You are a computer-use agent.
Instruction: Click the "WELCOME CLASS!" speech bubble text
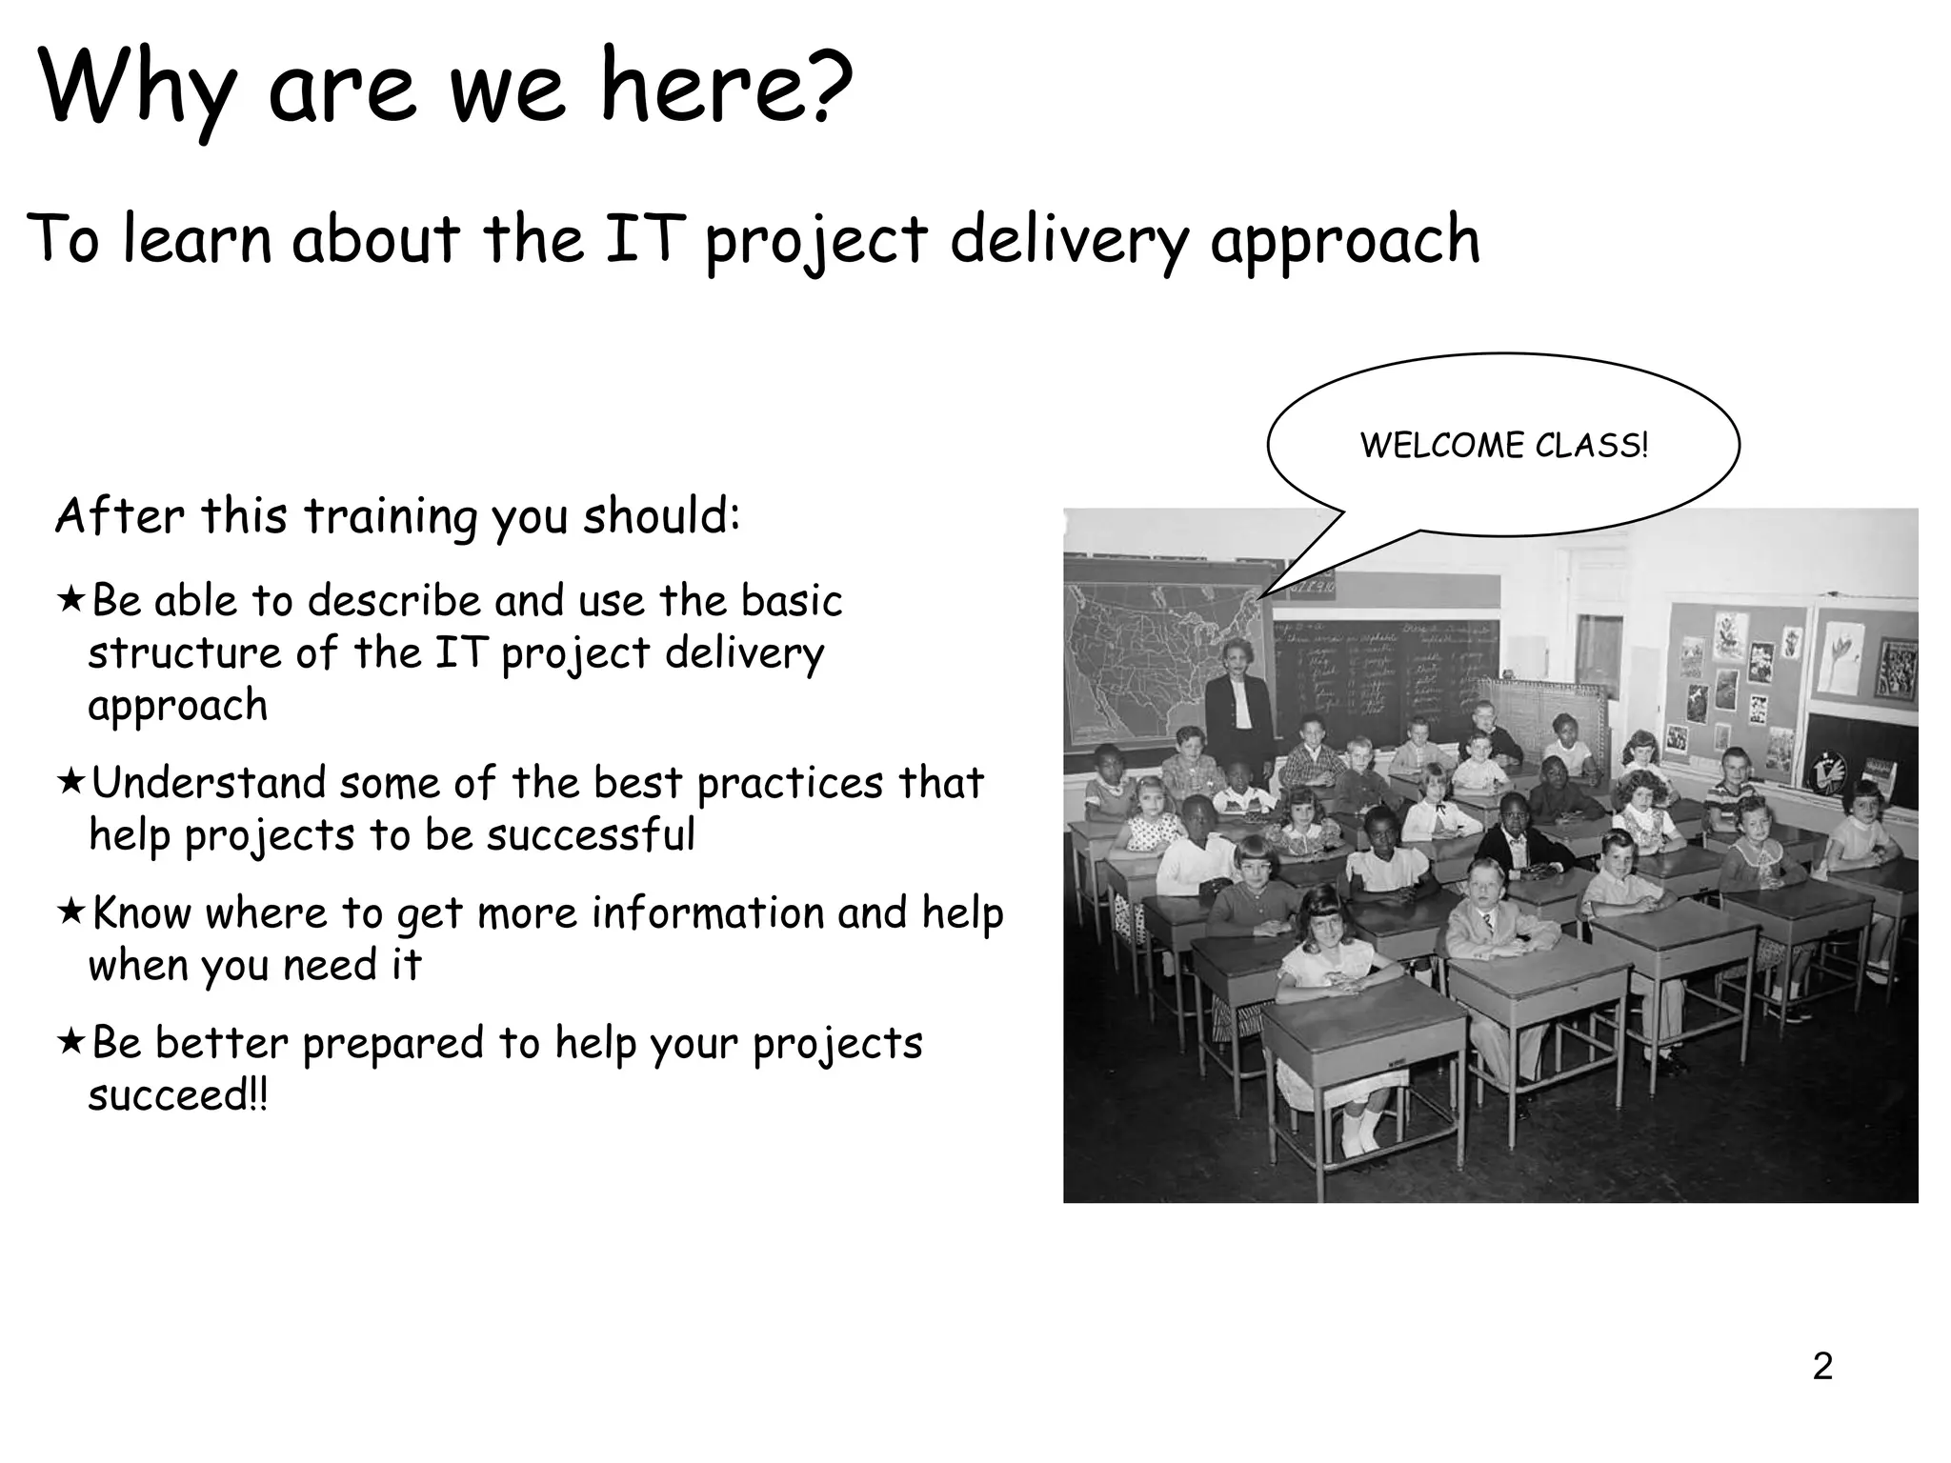pyautogui.click(x=1503, y=446)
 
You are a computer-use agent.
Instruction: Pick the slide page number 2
pyautogui.click(x=1822, y=1367)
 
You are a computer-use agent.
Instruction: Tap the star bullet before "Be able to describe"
pyautogui.click(x=70, y=600)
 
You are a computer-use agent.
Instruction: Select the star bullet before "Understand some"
pyautogui.click(x=70, y=782)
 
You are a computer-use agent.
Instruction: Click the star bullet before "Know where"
pyautogui.click(x=70, y=912)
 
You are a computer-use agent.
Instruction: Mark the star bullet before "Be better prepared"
pyautogui.click(x=70, y=1042)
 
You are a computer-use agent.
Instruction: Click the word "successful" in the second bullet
pyautogui.click(x=591, y=835)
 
